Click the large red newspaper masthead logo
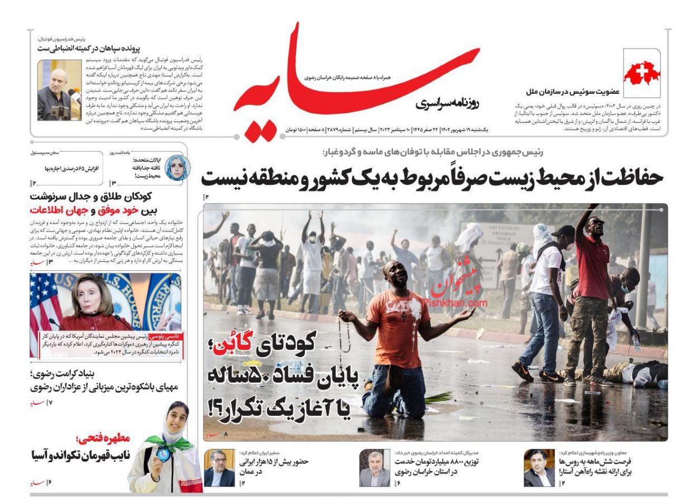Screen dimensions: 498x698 357,84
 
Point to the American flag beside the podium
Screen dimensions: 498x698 45,301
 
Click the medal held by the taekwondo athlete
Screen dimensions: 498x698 162,455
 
